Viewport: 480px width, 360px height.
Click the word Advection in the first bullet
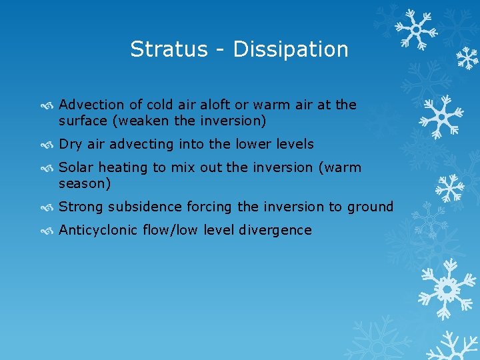[91, 105]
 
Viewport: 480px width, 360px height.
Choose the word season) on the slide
[85, 183]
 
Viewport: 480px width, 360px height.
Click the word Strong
[81, 207]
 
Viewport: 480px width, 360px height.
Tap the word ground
[369, 207]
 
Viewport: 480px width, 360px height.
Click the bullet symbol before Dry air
[49, 145]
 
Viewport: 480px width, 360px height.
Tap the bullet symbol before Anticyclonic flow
[49, 231]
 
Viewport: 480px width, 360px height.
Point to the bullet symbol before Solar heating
[49, 168]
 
